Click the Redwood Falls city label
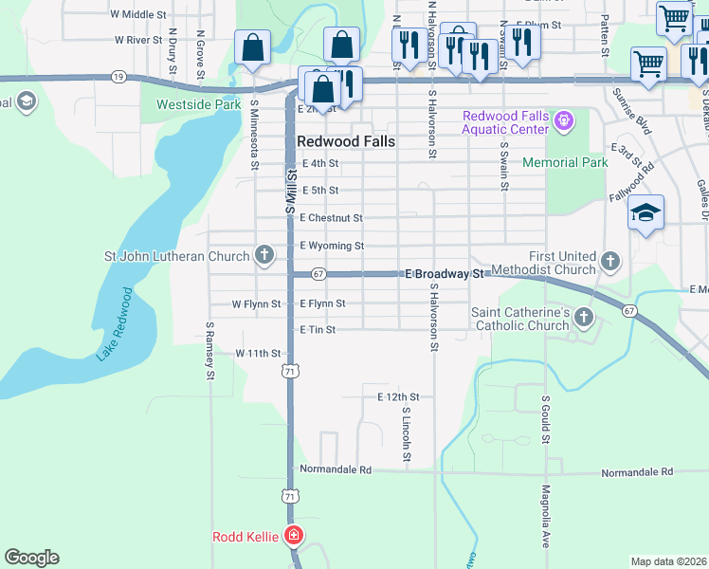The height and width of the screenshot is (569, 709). pos(345,140)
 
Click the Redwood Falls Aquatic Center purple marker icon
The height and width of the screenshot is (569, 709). pos(565,121)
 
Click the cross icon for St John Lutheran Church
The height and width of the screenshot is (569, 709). pos(264,255)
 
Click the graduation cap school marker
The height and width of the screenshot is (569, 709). pos(645,213)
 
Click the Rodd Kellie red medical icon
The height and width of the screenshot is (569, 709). pos(295,537)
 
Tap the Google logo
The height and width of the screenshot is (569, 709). pos(31,558)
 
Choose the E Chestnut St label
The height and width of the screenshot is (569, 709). pos(331,218)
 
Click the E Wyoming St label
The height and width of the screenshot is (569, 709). pos(332,247)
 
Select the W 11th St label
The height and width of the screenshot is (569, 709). pos(258,353)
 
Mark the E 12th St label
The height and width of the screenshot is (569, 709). pos(398,396)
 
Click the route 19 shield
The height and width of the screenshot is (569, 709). pos(118,75)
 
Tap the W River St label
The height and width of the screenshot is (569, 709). pos(139,41)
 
